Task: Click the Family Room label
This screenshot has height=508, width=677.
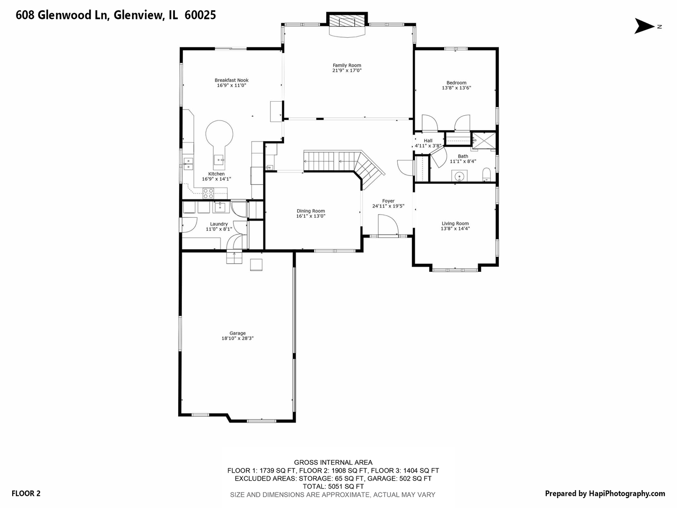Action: click(346, 65)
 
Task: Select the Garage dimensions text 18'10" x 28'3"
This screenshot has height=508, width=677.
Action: click(237, 338)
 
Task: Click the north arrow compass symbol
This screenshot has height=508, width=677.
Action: click(644, 26)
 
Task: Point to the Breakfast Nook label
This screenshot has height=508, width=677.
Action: click(232, 80)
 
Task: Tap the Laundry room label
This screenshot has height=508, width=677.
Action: click(219, 224)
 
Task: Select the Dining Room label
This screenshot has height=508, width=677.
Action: click(311, 211)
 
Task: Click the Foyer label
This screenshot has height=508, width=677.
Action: click(388, 201)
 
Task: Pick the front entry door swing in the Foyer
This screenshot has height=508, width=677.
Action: click(388, 226)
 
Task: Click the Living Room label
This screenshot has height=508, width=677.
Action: click(455, 223)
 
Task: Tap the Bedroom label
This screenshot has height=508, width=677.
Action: click(457, 83)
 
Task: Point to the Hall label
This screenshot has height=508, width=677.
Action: click(428, 141)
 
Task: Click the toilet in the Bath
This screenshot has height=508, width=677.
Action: click(487, 175)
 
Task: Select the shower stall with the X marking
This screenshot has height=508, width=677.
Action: click(484, 141)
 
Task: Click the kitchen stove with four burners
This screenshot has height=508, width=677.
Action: click(208, 193)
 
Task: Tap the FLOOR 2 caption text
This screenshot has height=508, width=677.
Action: click(26, 493)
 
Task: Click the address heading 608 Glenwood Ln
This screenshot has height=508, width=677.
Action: click(63, 15)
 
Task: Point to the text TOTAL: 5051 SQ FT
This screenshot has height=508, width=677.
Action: click(333, 486)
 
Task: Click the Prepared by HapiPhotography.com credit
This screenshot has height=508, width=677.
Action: click(605, 493)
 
